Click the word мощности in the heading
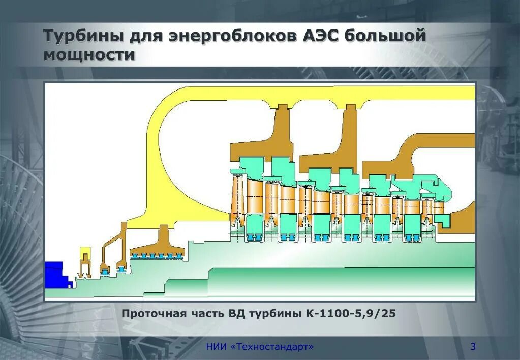point(89,54)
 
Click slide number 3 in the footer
point(473,347)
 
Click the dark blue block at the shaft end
point(54,274)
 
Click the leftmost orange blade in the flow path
point(237,196)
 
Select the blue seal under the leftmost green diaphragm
point(254,237)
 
